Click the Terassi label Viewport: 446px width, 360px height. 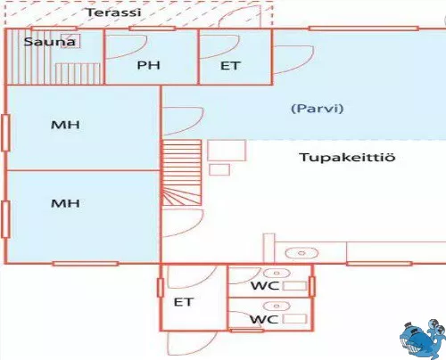(113, 12)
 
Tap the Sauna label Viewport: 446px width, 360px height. (49, 42)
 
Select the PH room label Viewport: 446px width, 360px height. (149, 65)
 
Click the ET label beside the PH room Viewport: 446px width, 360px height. (230, 66)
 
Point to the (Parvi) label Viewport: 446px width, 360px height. (318, 109)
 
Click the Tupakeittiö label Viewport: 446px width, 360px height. (347, 157)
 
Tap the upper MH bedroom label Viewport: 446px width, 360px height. (65, 125)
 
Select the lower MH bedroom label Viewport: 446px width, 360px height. (65, 203)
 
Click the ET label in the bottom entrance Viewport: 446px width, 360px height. (184, 302)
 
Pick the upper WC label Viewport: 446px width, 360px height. (265, 286)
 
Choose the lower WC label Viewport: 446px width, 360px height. (264, 319)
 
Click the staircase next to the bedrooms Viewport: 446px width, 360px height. (181, 173)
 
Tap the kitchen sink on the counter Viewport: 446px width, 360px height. (301, 253)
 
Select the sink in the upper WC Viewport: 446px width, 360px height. (277, 273)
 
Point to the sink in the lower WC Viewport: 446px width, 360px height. (277, 306)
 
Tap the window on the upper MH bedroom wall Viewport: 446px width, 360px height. (5, 133)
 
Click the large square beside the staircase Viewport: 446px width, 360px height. (227, 151)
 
